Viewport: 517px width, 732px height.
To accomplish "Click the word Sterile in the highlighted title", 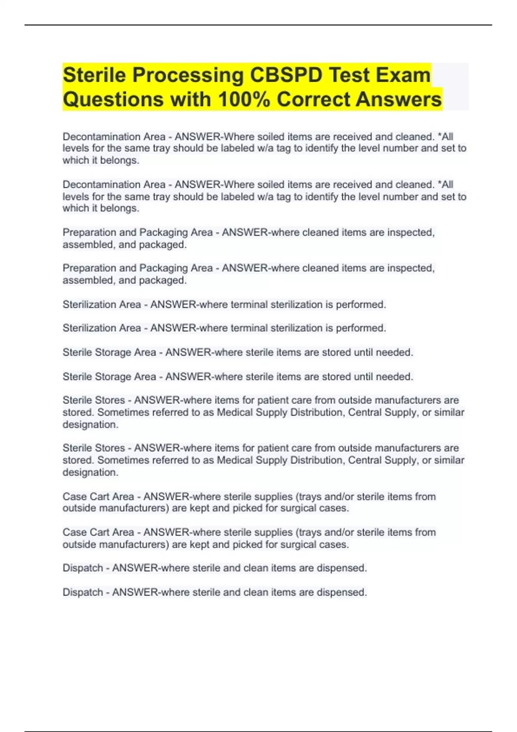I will coord(94,75).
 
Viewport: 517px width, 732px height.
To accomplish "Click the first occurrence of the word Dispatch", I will coord(83,568).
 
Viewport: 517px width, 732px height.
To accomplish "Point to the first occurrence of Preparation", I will coord(90,233).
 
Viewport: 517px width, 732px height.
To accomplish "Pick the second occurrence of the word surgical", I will coord(298,544).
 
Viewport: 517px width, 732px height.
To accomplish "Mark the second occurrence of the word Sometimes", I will coord(120,460).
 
